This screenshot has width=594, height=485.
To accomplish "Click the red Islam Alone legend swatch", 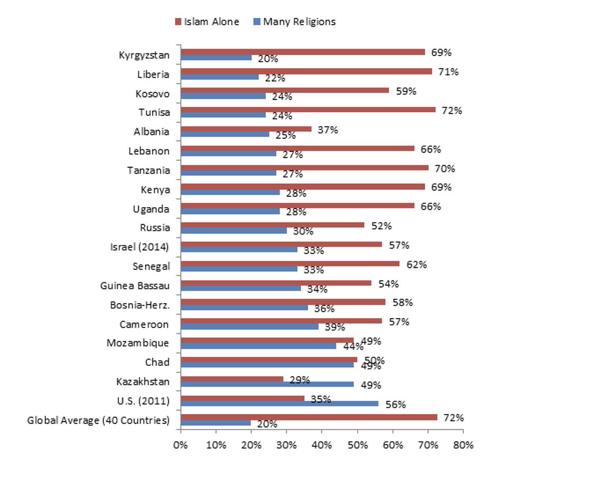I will tap(178, 22).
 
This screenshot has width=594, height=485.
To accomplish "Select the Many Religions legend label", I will tap(299, 22).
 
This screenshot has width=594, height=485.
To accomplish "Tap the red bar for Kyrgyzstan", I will tap(303, 52).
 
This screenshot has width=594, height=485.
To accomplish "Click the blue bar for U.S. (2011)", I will tap(279, 404).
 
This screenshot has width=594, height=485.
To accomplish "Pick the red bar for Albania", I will tap(246, 129).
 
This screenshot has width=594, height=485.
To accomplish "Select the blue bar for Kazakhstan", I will tap(267, 384).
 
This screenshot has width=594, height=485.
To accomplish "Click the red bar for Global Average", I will tap(309, 417).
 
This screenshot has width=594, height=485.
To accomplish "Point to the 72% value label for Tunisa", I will tap(452, 110).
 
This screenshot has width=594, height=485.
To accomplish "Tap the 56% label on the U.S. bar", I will tap(396, 404).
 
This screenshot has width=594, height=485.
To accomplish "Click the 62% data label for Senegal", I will tap(416, 265).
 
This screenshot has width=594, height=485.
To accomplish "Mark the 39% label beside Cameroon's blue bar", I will tap(335, 327).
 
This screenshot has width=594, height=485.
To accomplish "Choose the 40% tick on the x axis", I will tap(322, 445).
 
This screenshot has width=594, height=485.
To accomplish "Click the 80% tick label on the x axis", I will tap(463, 445).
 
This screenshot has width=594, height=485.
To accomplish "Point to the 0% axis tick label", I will tap(180, 445).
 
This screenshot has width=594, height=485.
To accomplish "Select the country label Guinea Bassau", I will tap(135, 286).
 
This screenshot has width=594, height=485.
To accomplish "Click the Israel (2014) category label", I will tap(139, 247).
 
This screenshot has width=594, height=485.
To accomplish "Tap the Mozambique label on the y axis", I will tap(138, 343).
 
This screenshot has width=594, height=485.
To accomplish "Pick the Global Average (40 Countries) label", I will tap(98, 420).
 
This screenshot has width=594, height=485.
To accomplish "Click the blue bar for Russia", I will tap(234, 231).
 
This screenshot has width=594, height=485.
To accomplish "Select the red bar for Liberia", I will tap(306, 71).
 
